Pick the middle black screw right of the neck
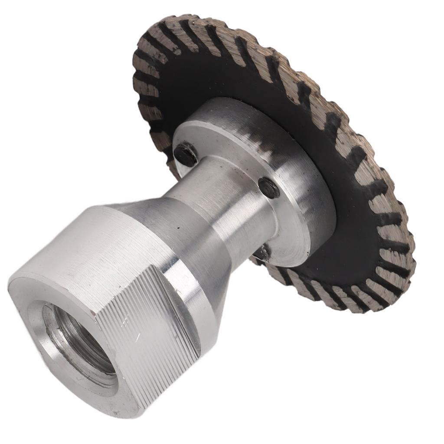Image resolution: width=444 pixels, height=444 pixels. pos(269,187)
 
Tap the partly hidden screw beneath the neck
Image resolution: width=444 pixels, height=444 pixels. pos(261,251)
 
